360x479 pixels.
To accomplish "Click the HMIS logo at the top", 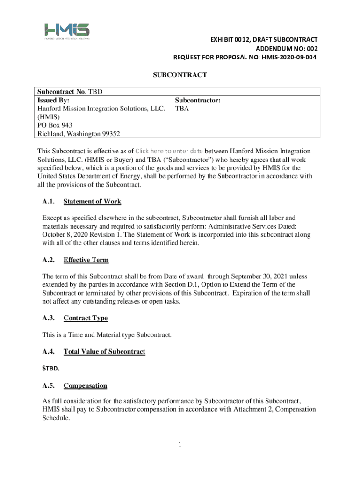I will click(x=66, y=31).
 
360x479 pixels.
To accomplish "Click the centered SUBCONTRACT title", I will click(x=180, y=75).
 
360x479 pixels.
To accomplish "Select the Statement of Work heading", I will click(x=92, y=202).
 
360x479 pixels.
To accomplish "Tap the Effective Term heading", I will click(x=86, y=260).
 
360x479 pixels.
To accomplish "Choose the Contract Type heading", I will click(x=86, y=318).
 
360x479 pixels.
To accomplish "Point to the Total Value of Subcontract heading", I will click(x=104, y=351).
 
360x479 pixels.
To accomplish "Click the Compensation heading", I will click(x=85, y=386).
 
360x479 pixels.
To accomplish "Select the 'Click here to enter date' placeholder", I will click(x=169, y=151).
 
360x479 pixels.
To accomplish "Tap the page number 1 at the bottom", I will click(x=180, y=444).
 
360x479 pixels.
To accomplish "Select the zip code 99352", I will click(x=109, y=134).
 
